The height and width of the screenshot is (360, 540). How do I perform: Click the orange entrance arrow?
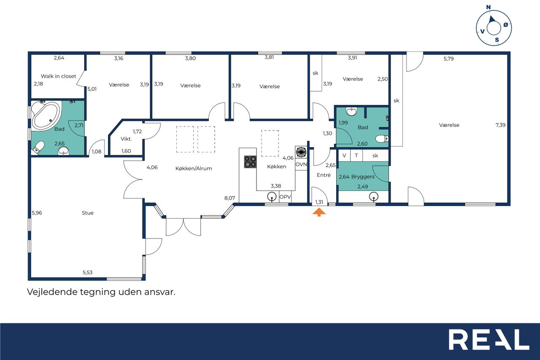pyautogui.click(x=319, y=212)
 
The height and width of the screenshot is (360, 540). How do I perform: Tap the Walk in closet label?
pyautogui.click(x=58, y=76)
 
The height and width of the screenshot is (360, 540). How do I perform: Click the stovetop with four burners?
pyautogui.click(x=250, y=162)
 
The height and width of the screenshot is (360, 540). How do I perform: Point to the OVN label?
pyautogui.click(x=301, y=165)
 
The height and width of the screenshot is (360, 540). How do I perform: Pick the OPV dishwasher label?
pyautogui.click(x=285, y=197)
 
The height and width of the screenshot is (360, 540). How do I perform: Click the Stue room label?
pyautogui.click(x=87, y=213)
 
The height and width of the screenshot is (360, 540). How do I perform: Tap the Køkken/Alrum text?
pyautogui.click(x=194, y=168)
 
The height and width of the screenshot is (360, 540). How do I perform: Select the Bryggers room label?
pyautogui.click(x=363, y=176)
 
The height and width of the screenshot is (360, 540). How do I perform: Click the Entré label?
pyautogui.click(x=324, y=175)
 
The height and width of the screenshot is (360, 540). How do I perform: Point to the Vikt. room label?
pyautogui.click(x=126, y=139)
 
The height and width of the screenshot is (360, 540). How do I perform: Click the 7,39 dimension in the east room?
pyautogui.click(x=500, y=125)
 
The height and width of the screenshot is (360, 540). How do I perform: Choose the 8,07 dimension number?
pyautogui.click(x=229, y=198)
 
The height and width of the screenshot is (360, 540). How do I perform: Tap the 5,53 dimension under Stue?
pyautogui.click(x=87, y=273)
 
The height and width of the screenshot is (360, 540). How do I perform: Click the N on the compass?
pyautogui.click(x=489, y=7)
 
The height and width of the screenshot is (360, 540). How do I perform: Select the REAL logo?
pyautogui.click(x=489, y=340)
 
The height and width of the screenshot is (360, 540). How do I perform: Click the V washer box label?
pyautogui.click(x=344, y=156)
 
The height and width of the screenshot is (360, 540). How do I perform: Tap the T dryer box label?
pyautogui.click(x=356, y=156)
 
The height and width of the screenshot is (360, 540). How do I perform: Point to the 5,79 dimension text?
pyautogui.click(x=448, y=59)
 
